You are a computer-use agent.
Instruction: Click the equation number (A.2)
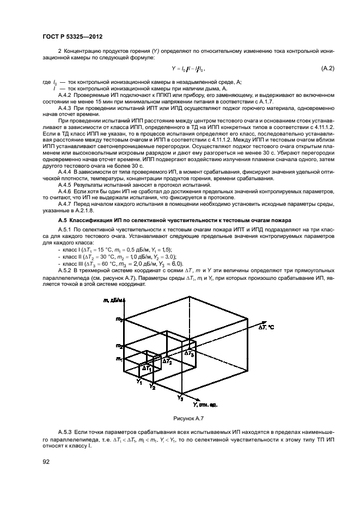(327, 69)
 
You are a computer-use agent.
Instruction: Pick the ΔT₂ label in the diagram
(167, 361)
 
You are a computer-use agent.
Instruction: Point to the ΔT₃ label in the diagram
(188, 353)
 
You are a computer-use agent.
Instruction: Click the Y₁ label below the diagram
(139, 382)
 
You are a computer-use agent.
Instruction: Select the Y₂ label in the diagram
(153, 388)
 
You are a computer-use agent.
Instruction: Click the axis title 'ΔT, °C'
(266, 327)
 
